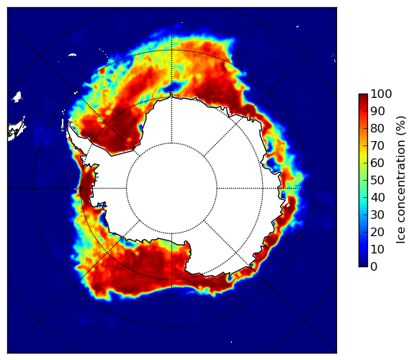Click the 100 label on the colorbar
click(x=381, y=94)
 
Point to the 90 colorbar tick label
click(x=377, y=111)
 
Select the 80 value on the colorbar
click(x=377, y=128)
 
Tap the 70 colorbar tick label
click(x=377, y=145)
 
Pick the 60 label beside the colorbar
click(x=377, y=163)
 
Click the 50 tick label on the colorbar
click(x=377, y=180)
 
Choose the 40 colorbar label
click(x=377, y=197)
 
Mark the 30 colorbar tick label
click(x=377, y=215)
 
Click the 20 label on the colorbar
click(x=377, y=232)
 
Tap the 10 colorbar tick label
click(x=377, y=249)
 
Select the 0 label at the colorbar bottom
click(x=374, y=266)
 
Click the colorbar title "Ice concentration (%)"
click(x=401, y=180)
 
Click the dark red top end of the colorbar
click(x=363, y=96)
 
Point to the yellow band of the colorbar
click(x=363, y=156)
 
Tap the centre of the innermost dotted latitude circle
click(x=171, y=189)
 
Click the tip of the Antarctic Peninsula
click(x=69, y=123)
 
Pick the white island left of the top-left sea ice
click(x=17, y=97)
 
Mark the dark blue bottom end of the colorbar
click(x=363, y=264)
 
